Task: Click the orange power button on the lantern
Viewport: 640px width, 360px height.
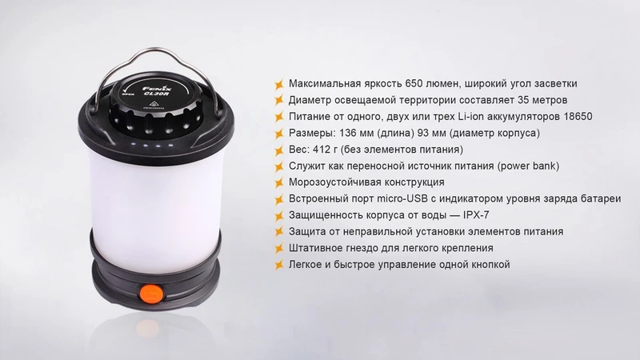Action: tap(151, 294)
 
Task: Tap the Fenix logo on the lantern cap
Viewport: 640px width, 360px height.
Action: tap(157, 89)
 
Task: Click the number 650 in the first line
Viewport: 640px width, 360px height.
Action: tap(414, 84)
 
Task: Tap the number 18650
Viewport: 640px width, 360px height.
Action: tap(578, 117)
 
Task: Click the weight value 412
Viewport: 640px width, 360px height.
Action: tap(322, 150)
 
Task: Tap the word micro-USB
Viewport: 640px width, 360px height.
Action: tap(402, 198)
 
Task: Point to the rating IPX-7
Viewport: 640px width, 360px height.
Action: tap(476, 215)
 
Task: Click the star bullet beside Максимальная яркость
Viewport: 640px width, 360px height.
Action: tap(279, 85)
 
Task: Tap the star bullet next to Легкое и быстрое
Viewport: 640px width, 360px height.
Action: tap(279, 266)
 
